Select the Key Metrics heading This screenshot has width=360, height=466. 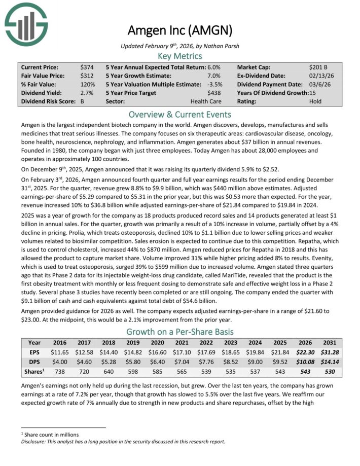point(180,56)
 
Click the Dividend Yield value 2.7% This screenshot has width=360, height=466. point(86,93)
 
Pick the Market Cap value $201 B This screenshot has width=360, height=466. point(318,67)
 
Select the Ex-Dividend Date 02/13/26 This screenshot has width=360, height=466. point(320,76)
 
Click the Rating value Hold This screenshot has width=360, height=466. point(315,101)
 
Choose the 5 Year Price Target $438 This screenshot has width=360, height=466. point(215,93)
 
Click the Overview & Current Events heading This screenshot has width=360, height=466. point(180,114)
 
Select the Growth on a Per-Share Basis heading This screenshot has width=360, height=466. point(180,332)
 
